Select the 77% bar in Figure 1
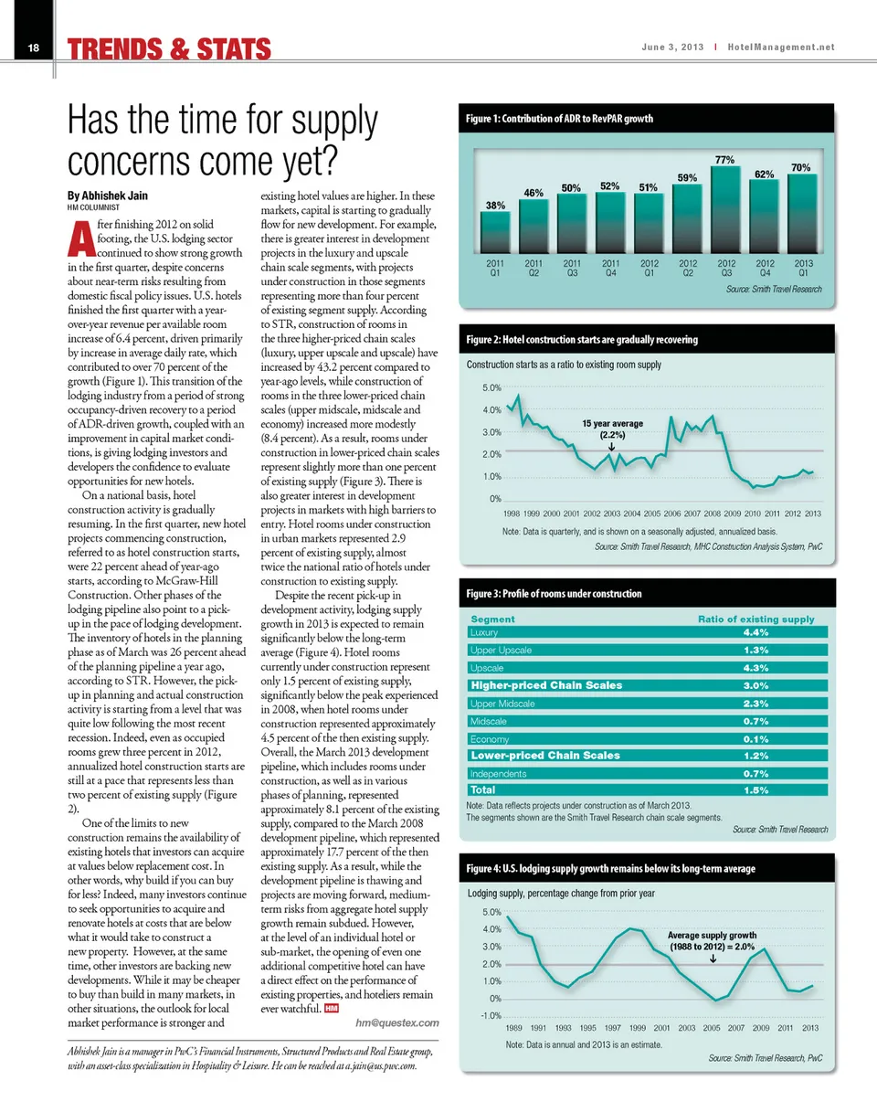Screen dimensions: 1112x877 click(x=725, y=207)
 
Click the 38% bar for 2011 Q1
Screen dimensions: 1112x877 click(x=495, y=230)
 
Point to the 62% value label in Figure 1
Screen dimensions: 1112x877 click(x=765, y=172)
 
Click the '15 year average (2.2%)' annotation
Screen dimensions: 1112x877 click(x=613, y=429)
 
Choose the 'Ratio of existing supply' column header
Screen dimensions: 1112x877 click(x=755, y=620)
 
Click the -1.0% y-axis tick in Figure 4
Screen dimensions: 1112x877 click(x=490, y=1017)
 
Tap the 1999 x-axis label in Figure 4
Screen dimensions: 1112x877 click(x=638, y=1032)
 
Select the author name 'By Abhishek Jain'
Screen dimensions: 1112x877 click(x=108, y=195)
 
